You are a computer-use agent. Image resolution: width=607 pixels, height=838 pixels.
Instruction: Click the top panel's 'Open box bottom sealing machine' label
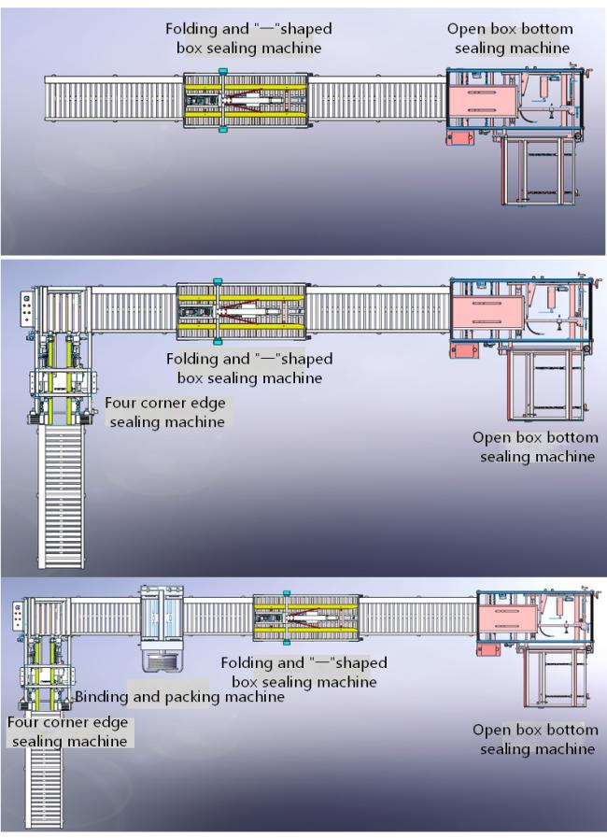click(510, 38)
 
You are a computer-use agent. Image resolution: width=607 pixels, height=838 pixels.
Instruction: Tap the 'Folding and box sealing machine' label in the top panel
click(248, 38)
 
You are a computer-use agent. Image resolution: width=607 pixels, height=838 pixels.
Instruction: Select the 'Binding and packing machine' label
click(179, 696)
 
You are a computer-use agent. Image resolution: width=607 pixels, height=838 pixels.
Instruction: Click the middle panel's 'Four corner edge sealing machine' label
click(165, 412)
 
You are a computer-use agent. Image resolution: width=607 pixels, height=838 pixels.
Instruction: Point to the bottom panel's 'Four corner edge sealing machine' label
click(68, 731)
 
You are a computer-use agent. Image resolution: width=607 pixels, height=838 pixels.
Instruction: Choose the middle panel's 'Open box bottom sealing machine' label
click(535, 447)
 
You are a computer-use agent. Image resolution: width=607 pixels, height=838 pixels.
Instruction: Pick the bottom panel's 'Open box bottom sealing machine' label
click(535, 739)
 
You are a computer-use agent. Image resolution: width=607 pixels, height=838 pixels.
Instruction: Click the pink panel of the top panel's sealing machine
click(483, 102)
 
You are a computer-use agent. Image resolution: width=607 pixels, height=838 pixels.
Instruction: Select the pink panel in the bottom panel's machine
click(507, 618)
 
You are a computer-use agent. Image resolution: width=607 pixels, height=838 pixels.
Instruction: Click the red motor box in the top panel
click(459, 138)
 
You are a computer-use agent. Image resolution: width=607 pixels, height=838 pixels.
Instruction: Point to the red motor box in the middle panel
click(464, 350)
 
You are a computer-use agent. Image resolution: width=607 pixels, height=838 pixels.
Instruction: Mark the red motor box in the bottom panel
click(489, 649)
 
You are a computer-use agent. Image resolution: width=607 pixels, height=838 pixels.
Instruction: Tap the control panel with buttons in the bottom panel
click(19, 617)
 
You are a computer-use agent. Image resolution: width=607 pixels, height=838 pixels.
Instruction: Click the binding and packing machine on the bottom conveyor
click(162, 628)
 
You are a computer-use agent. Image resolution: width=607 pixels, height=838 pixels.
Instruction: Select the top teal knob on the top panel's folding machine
click(223, 71)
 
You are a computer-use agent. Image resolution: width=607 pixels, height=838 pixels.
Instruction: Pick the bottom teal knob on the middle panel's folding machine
click(217, 341)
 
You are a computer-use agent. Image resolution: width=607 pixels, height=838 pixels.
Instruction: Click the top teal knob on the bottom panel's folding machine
click(287, 592)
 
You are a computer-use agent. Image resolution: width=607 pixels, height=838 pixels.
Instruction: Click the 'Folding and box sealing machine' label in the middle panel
click(249, 368)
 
